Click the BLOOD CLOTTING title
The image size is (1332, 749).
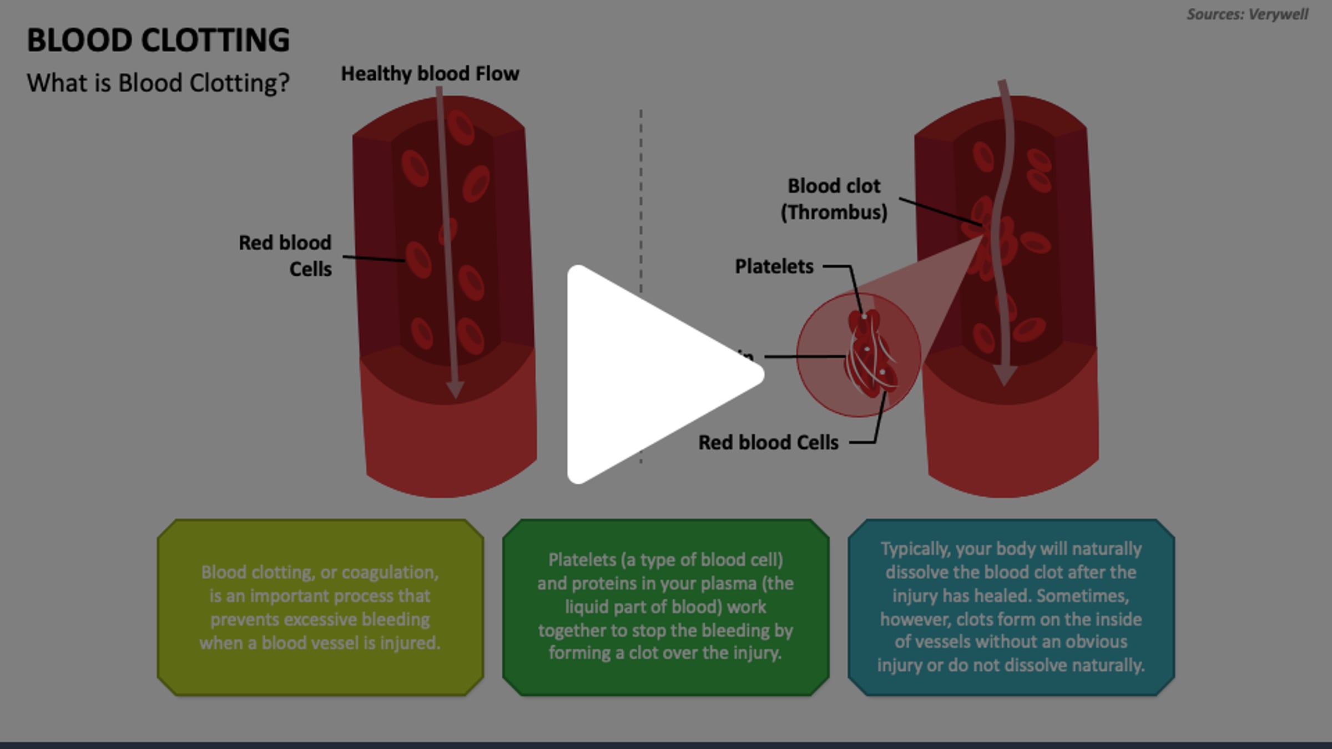[x=158, y=41]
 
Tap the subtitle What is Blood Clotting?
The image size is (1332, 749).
[x=158, y=83]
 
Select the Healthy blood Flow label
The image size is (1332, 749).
[x=430, y=74]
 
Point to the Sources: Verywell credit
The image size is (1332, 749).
[x=1247, y=14]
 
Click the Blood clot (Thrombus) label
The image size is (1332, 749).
[x=834, y=199]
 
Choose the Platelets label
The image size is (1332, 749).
[x=774, y=267]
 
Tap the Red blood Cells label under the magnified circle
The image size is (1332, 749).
[x=768, y=443]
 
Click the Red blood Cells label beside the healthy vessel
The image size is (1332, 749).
[x=285, y=256]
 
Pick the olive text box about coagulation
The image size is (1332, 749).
[x=320, y=608]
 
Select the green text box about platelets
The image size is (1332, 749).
[x=665, y=608]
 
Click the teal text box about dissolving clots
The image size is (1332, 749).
[x=1011, y=608]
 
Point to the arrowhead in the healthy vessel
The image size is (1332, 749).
[x=455, y=389]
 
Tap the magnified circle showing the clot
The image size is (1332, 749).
[x=859, y=355]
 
